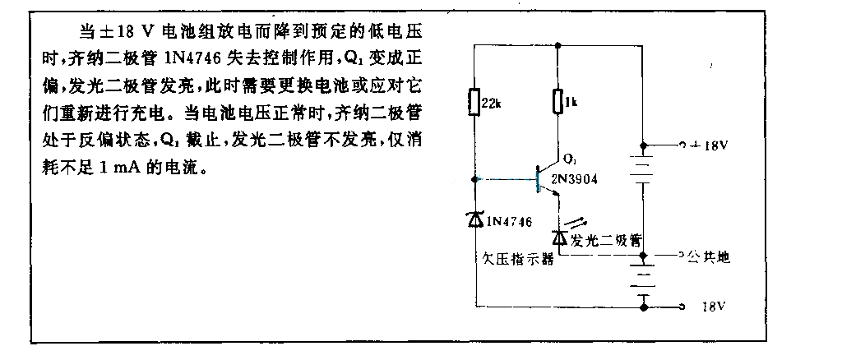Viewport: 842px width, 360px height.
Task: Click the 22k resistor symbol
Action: (474, 101)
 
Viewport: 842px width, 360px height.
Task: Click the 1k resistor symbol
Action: (558, 101)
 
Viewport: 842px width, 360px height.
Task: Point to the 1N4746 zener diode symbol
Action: (474, 219)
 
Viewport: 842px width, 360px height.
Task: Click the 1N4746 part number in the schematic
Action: (507, 220)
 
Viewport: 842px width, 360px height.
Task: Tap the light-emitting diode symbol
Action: (559, 235)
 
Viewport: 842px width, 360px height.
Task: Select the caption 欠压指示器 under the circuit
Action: (516, 260)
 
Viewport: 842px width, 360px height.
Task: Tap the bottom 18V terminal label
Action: (715, 307)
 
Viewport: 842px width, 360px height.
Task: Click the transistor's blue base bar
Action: (537, 180)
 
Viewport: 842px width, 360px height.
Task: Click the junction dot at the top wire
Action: (558, 44)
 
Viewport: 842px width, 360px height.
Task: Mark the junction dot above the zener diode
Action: (474, 179)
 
